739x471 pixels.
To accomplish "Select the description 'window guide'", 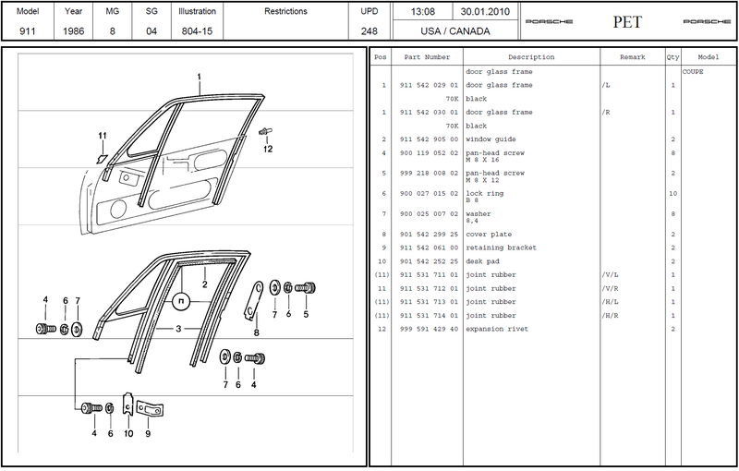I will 490,139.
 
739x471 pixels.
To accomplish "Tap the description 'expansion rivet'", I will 497,330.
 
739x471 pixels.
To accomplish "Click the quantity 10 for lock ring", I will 672,194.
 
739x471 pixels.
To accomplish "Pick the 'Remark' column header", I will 632,57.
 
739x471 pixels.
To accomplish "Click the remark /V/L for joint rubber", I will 609,275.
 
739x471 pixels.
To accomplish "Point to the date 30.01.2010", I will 479,11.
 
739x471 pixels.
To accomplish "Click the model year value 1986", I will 75,30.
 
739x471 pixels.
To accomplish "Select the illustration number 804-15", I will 198,30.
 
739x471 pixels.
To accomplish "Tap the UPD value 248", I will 369,30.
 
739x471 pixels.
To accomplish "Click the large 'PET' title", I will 627,21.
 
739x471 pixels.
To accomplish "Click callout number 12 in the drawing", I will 268,148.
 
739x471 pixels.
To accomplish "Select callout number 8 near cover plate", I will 256,332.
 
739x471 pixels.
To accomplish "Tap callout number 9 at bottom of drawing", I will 148,433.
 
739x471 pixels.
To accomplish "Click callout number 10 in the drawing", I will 128,433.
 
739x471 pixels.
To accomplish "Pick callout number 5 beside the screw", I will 306,312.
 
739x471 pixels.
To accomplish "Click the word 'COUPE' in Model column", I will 693,71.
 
